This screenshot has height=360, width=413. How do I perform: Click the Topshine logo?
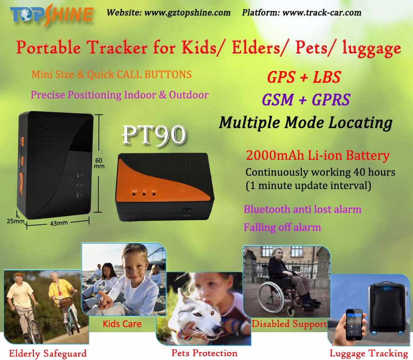[52, 15]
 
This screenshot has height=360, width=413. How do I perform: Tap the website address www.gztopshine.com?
[187, 13]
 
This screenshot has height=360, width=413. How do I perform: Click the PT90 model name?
[154, 135]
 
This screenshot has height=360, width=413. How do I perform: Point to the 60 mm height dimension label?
[99, 163]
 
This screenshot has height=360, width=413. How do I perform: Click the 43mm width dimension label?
[59, 223]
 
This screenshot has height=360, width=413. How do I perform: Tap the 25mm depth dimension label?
[15, 221]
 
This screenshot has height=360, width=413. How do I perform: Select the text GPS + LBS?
[304, 77]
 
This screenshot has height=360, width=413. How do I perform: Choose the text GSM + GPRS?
[306, 100]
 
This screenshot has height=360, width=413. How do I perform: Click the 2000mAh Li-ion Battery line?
[318, 155]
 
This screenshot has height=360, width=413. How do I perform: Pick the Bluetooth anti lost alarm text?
[303, 209]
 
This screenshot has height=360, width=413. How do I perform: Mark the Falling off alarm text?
[282, 227]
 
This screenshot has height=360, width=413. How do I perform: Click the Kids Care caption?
[122, 324]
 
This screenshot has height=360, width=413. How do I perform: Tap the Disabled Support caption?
[289, 324]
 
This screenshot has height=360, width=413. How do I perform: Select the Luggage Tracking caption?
[369, 353]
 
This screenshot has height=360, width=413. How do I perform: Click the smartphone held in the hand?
[354, 324]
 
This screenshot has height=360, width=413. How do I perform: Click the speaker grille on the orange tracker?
[188, 164]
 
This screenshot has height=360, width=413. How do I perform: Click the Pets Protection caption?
[204, 353]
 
